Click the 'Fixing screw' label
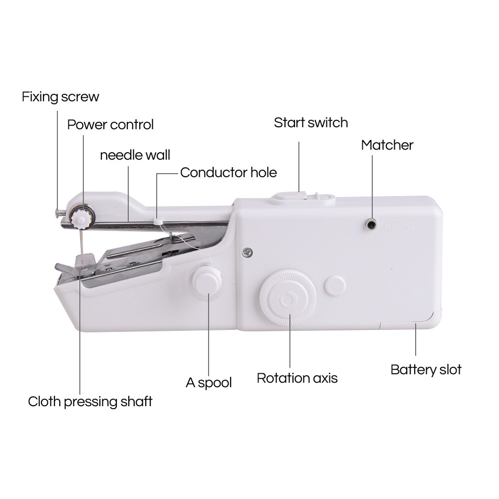coord(60,96)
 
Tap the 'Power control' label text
coord(110,124)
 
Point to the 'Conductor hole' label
coord(228,173)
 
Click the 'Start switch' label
coord(310,123)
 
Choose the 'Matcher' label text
coord(387,145)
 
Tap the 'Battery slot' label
coord(426,370)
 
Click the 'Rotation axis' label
coord(297,378)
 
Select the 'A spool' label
coord(209,383)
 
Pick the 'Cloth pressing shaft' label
coord(90,401)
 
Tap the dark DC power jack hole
coord(371,225)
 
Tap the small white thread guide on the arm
coord(158,220)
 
